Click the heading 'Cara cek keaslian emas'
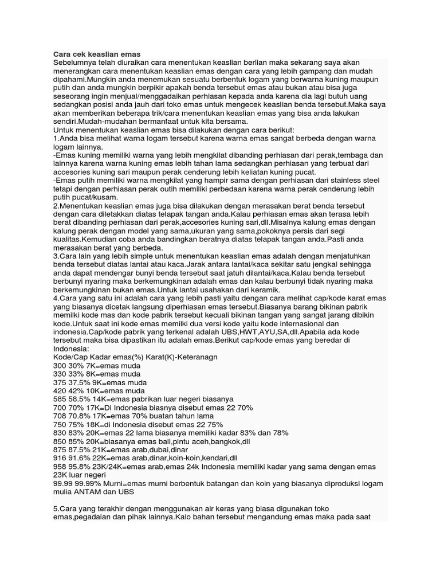96,54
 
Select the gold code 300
60,366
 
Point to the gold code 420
60,391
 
